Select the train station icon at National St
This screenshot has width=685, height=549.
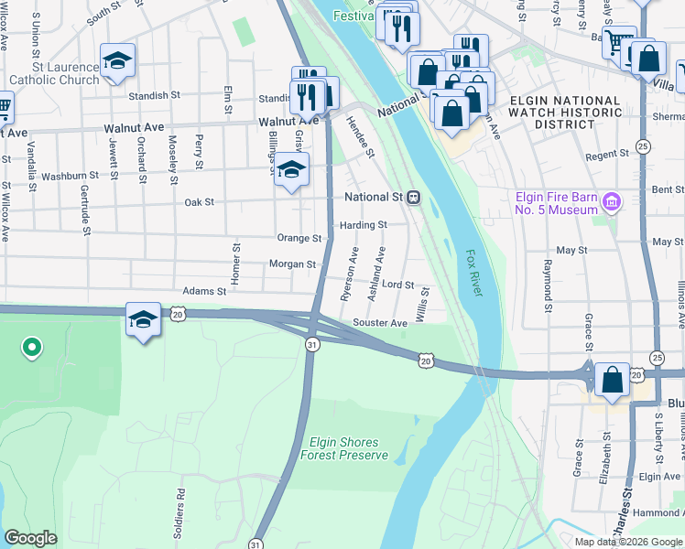(414, 197)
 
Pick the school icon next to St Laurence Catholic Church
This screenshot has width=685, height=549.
(117, 61)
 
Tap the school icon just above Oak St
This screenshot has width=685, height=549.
(291, 170)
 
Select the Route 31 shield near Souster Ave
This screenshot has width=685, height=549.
(312, 344)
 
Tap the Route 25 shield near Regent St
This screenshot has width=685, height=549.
(643, 146)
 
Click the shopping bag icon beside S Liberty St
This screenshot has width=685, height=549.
(612, 380)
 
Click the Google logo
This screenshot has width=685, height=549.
(30, 538)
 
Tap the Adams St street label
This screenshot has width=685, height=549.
(203, 291)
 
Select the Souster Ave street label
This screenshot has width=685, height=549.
(380, 323)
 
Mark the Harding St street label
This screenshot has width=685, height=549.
(363, 224)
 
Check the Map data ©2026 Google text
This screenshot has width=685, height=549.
(627, 542)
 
